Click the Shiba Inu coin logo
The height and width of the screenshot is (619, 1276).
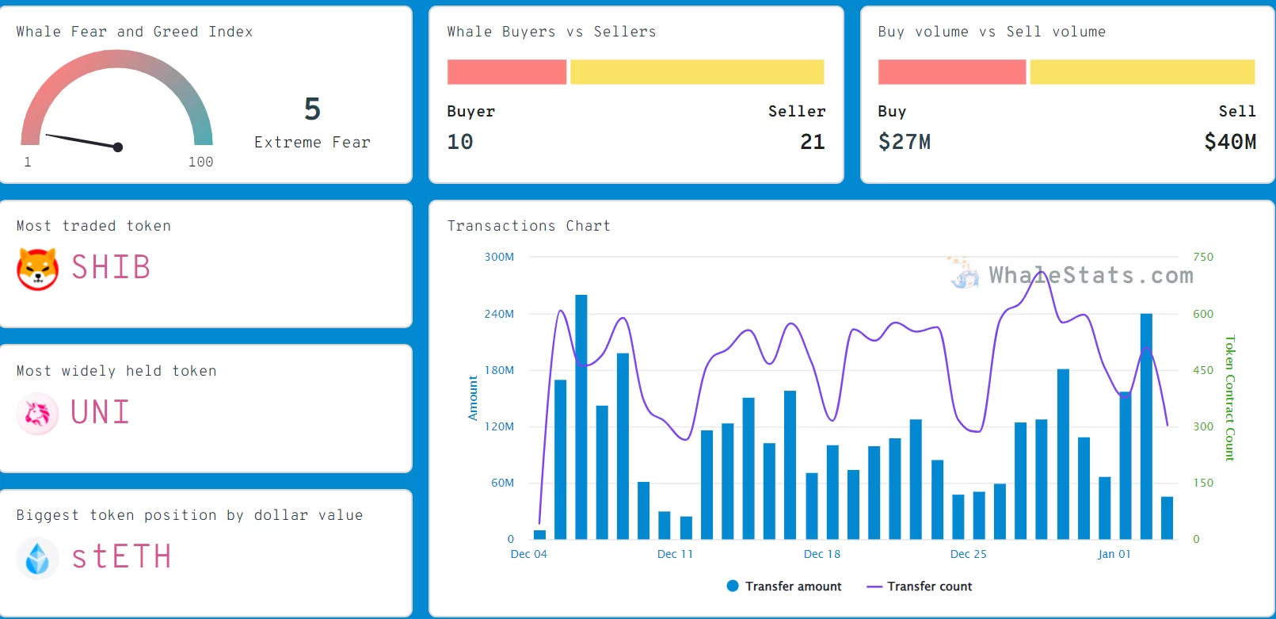coord(37,269)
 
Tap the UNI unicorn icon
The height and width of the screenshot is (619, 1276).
coord(37,413)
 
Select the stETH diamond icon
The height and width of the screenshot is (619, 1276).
coord(37,557)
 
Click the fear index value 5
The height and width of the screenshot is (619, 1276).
coord(312,109)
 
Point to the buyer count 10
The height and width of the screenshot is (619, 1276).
coord(460,142)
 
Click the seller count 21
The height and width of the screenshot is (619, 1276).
coord(812,142)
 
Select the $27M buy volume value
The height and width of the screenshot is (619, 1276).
coord(905,142)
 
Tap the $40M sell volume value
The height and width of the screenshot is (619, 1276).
coord(1229,142)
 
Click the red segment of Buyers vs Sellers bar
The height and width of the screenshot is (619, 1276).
coord(507,72)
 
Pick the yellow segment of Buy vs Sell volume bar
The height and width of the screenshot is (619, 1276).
coord(1142,72)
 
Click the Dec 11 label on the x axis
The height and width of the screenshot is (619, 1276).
coord(675,554)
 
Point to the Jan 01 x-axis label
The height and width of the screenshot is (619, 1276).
coord(1114,554)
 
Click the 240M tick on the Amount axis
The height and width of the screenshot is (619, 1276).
coord(499,314)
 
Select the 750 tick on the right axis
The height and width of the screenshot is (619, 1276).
coord(1202,257)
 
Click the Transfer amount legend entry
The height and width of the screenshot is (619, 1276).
coord(784,587)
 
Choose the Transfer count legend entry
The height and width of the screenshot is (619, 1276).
coord(920,587)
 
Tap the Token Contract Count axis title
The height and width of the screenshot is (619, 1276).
coord(1229,398)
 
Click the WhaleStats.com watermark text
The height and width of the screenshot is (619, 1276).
coord(1091,275)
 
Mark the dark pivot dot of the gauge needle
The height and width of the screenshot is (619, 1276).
coord(118,147)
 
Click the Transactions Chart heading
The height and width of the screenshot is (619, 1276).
coord(528,226)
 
